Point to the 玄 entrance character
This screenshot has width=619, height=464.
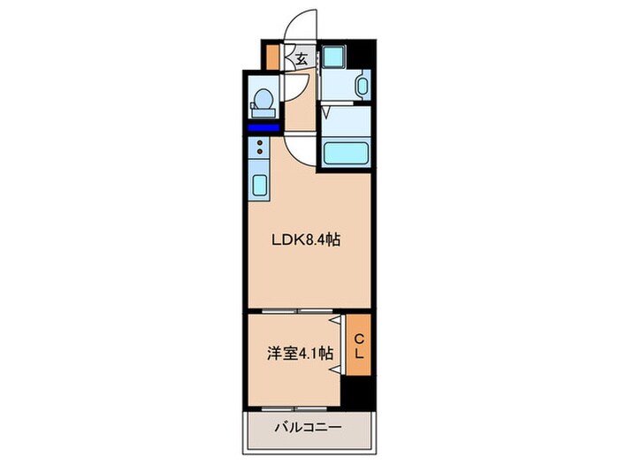point(301,60)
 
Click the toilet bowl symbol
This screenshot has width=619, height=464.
point(262,103)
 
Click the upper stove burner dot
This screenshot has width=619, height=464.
point(259,141)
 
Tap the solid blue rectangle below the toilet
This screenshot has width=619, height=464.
point(262,127)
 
